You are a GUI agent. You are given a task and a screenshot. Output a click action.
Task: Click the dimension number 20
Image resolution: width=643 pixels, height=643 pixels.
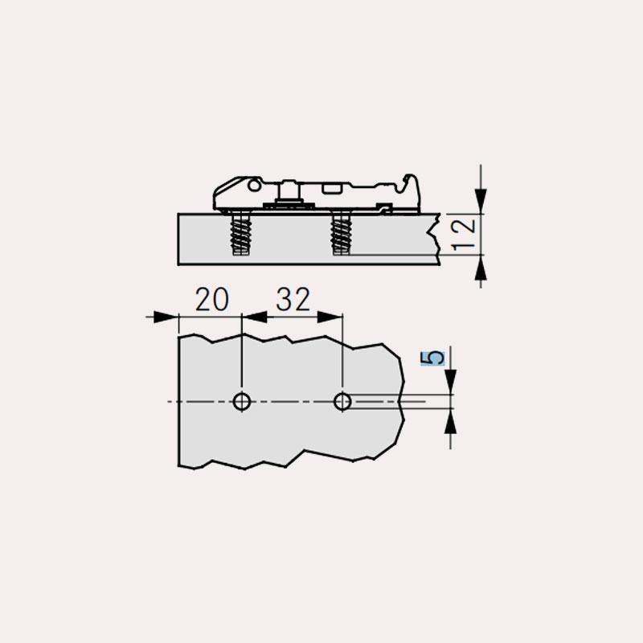(212, 299)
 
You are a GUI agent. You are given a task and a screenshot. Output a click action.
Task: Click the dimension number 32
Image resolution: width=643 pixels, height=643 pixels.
(293, 299)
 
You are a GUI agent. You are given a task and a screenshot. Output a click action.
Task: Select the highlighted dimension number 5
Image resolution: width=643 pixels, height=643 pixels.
(432, 358)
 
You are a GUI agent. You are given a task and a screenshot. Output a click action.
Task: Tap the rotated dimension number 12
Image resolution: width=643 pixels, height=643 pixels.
(464, 234)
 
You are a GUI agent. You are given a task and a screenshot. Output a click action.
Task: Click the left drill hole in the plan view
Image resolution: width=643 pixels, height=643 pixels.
(242, 401)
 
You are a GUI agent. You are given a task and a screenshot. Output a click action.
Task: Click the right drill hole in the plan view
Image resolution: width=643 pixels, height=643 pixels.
(342, 401)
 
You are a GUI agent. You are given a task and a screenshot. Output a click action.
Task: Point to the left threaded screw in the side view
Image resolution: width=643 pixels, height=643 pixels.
(241, 234)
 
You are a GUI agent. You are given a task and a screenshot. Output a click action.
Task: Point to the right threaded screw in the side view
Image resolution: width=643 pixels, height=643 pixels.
(341, 234)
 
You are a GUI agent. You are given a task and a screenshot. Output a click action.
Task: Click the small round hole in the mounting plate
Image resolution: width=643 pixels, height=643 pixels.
(254, 186)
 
